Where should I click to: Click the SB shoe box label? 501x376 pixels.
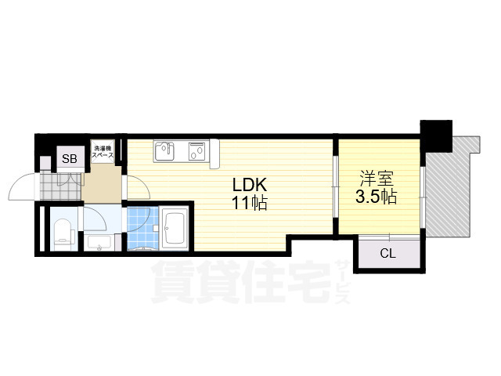tap(70, 158)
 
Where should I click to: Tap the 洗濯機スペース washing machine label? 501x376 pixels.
tap(103, 152)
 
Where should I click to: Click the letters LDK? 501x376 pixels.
tap(249, 185)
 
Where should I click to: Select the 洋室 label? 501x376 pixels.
tap(377, 179)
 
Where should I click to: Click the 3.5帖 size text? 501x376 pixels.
tap(376, 197)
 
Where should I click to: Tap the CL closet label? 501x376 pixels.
tap(388, 254)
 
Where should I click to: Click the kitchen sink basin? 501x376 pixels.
tap(164, 151)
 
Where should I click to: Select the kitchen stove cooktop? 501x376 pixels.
tap(197, 151)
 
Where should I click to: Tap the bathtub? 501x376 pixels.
tap(174, 229)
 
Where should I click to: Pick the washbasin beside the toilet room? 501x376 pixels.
tap(99, 243)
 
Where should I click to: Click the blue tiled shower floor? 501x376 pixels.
tap(142, 228)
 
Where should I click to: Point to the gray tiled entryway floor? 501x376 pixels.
tap(61, 186)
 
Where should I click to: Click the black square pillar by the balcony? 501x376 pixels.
tap(436, 136)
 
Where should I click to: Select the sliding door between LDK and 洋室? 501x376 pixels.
tap(335, 187)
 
